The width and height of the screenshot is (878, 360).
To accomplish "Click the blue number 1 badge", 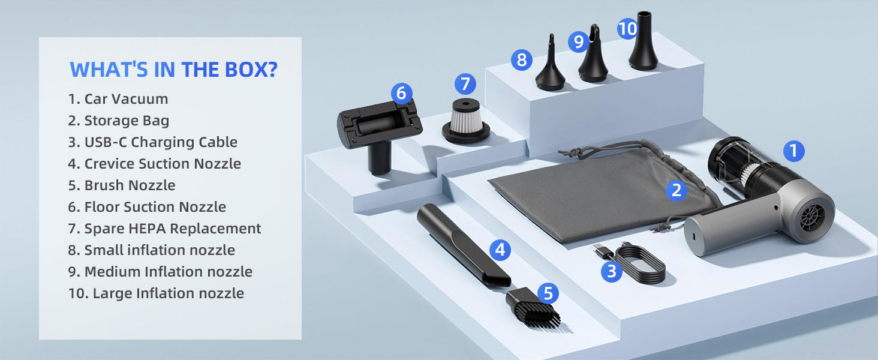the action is point(793,151).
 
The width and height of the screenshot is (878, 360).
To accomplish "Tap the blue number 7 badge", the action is point(465,84).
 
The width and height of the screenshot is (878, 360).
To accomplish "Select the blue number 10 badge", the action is point(627,29).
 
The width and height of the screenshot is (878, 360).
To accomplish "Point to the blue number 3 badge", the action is point(612,271).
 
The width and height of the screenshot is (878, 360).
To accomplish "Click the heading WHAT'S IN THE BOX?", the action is point(174,70).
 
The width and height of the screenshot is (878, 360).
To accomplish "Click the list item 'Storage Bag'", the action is point(118,121).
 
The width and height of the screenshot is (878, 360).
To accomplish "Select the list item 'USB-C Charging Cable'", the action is point(152,142).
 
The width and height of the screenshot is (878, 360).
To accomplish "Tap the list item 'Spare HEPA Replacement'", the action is point(164,228).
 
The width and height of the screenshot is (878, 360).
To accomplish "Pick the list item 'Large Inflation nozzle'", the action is point(156,293).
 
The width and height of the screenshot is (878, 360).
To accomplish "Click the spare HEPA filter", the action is point(465,121).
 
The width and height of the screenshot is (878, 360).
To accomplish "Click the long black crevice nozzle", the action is point(464,245).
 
